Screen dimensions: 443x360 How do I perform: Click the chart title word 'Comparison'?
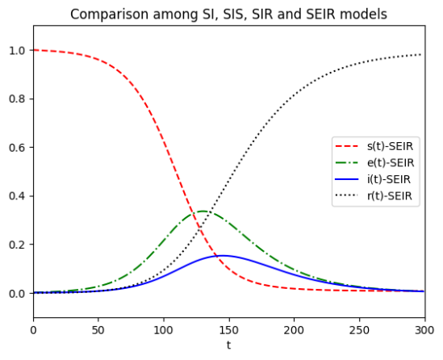109,15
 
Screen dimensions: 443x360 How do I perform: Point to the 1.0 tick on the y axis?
17,51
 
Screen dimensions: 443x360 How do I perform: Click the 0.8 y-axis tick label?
17,99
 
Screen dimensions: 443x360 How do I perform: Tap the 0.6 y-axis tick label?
17,148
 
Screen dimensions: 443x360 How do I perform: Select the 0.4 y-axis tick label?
17,196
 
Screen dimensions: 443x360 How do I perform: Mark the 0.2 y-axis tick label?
17,245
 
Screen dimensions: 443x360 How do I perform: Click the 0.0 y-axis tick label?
17,294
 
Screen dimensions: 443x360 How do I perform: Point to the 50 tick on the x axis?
98,330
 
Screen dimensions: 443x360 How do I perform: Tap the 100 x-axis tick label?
164,330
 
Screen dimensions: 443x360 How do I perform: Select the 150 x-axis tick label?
229,330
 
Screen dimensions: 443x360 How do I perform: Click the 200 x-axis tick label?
294,330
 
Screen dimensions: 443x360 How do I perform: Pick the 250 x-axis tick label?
359,330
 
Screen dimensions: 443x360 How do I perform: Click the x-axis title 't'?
228,345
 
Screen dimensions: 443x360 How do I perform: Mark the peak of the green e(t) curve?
203,211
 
